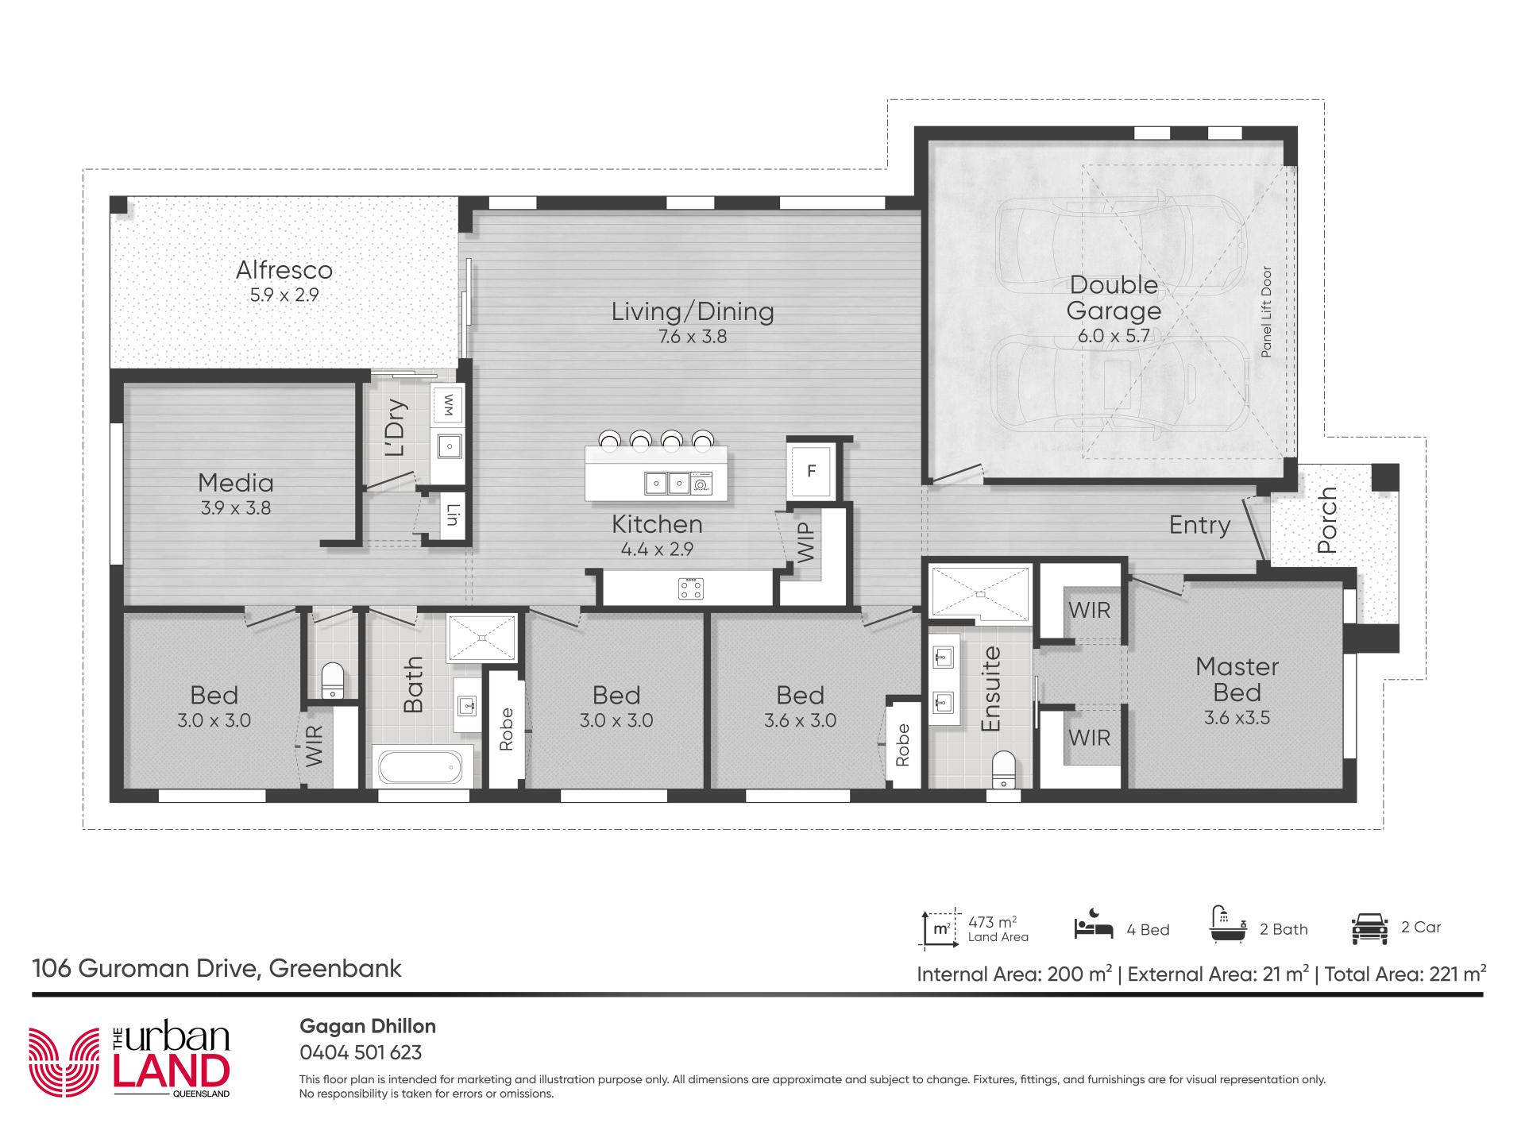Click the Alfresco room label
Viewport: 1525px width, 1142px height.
tap(284, 270)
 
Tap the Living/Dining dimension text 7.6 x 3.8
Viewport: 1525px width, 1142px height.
tap(693, 337)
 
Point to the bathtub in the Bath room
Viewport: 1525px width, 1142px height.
tap(420, 767)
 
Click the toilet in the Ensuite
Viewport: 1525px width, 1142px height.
tap(1005, 769)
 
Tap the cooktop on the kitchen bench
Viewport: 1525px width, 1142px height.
tap(690, 588)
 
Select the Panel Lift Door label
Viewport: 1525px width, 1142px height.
tap(1266, 311)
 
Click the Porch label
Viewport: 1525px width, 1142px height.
tap(1327, 520)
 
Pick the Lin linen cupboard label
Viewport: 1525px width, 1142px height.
tap(453, 516)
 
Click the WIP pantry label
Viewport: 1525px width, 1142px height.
tap(805, 543)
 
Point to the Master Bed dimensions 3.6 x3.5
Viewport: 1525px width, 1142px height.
tap(1237, 718)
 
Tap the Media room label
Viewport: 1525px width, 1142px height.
tap(236, 482)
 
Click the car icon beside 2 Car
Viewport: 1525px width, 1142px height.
tap(1369, 928)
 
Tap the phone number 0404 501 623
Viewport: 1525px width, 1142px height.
tap(361, 1052)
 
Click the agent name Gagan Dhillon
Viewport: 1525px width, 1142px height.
tap(368, 1026)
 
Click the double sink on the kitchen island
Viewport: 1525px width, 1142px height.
tap(667, 482)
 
